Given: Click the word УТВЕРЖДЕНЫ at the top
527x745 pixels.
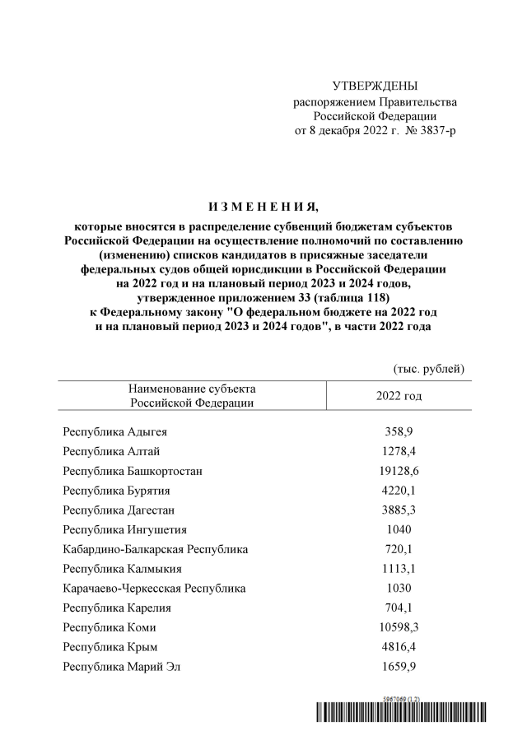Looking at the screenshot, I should coord(375,86).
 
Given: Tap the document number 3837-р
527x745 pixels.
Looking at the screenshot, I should coord(436,131).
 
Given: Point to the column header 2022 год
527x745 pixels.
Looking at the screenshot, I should coord(399,396).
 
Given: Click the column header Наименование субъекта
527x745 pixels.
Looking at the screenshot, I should coord(192,389).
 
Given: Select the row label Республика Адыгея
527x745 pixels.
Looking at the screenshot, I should coord(117,431).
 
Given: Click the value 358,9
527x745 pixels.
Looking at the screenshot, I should coord(399,431).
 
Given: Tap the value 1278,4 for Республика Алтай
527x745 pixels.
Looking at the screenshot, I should coord(399,451).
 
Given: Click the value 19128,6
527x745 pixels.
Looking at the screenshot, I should coord(399,471).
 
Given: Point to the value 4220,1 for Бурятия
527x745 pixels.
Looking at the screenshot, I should coord(399,491).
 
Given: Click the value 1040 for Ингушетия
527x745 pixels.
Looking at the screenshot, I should coord(399,529).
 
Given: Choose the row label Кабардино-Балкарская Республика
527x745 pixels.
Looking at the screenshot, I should coord(155,549).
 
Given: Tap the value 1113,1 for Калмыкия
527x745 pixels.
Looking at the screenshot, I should coord(399,569).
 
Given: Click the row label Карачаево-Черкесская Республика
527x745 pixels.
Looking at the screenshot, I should coord(153,589).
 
